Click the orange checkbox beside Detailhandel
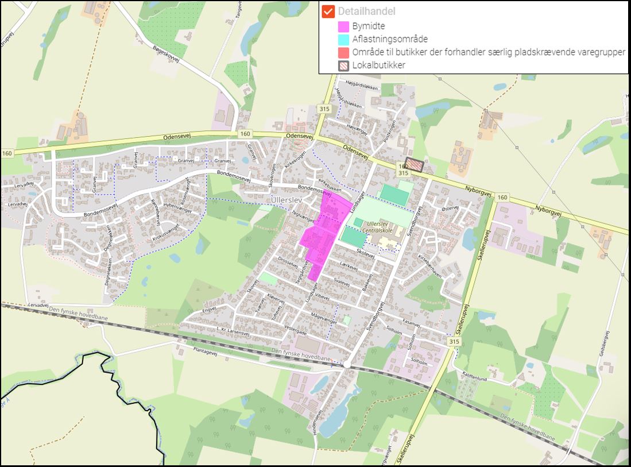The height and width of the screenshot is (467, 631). [x=328, y=11]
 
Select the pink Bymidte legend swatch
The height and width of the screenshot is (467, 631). [x=344, y=26]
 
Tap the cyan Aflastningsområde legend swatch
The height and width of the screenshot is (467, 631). [x=344, y=39]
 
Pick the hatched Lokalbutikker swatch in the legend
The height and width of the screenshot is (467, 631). [x=344, y=65]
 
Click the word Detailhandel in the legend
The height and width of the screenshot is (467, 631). [x=366, y=11]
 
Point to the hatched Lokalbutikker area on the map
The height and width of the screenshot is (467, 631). [x=413, y=165]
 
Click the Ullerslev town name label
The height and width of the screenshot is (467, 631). [x=285, y=199]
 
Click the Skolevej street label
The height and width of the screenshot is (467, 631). [x=365, y=253]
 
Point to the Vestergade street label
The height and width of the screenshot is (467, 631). [x=296, y=332]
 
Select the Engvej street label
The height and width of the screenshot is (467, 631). [x=209, y=310]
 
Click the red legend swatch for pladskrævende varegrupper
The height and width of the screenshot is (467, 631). [x=344, y=52]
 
